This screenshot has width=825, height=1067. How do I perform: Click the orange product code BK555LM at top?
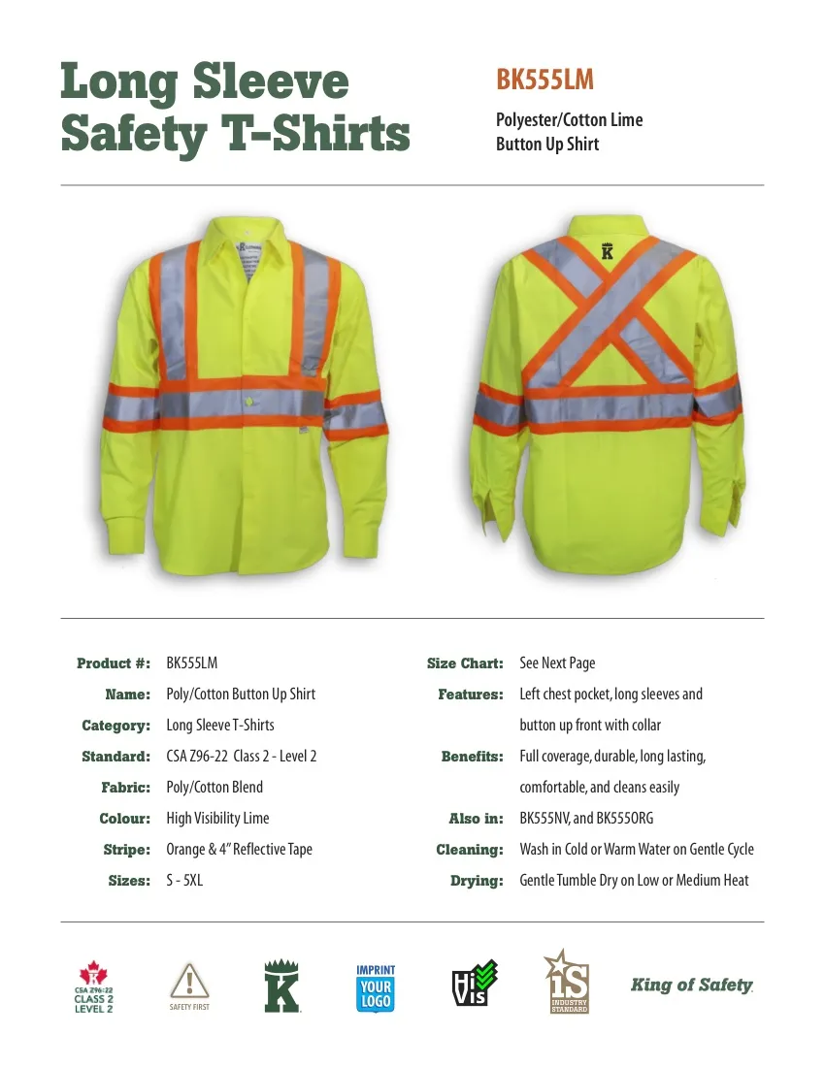click(544, 81)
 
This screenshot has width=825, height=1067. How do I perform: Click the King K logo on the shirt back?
click(609, 249)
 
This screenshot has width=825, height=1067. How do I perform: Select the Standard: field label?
click(115, 757)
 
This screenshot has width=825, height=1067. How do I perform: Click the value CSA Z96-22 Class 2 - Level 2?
click(242, 757)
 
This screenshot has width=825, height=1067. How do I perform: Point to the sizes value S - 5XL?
click(184, 881)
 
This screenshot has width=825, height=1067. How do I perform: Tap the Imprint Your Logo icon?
click(376, 988)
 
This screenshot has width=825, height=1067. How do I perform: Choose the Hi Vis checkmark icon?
click(474, 984)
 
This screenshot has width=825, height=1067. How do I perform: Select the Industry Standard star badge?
click(568, 984)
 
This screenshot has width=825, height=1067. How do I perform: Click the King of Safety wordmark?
click(691, 986)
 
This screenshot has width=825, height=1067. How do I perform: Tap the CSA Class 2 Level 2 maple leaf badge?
click(94, 987)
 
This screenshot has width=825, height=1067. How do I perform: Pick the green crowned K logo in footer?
click(281, 986)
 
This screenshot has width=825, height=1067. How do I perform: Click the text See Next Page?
click(557, 663)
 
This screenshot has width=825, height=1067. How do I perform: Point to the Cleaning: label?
click(470, 850)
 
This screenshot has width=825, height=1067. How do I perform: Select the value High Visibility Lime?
click(217, 819)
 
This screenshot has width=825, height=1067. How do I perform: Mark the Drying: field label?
click(477, 881)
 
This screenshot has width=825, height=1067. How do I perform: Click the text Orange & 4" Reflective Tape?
click(239, 850)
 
